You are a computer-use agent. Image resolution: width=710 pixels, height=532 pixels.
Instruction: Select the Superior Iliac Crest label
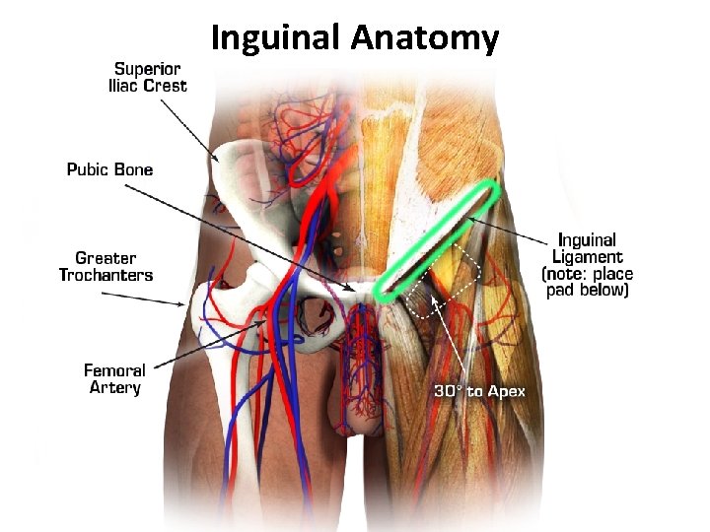tap(147, 77)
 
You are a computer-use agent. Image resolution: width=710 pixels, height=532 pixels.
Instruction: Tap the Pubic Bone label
tap(109, 169)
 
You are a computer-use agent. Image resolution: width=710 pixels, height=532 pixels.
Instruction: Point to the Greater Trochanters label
tap(106, 267)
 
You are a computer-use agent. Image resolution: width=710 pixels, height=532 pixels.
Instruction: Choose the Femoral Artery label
tap(114, 379)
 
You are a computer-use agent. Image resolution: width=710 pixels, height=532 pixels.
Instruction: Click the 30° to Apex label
tap(480, 392)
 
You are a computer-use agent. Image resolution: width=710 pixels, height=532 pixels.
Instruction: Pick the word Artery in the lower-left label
tap(114, 388)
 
